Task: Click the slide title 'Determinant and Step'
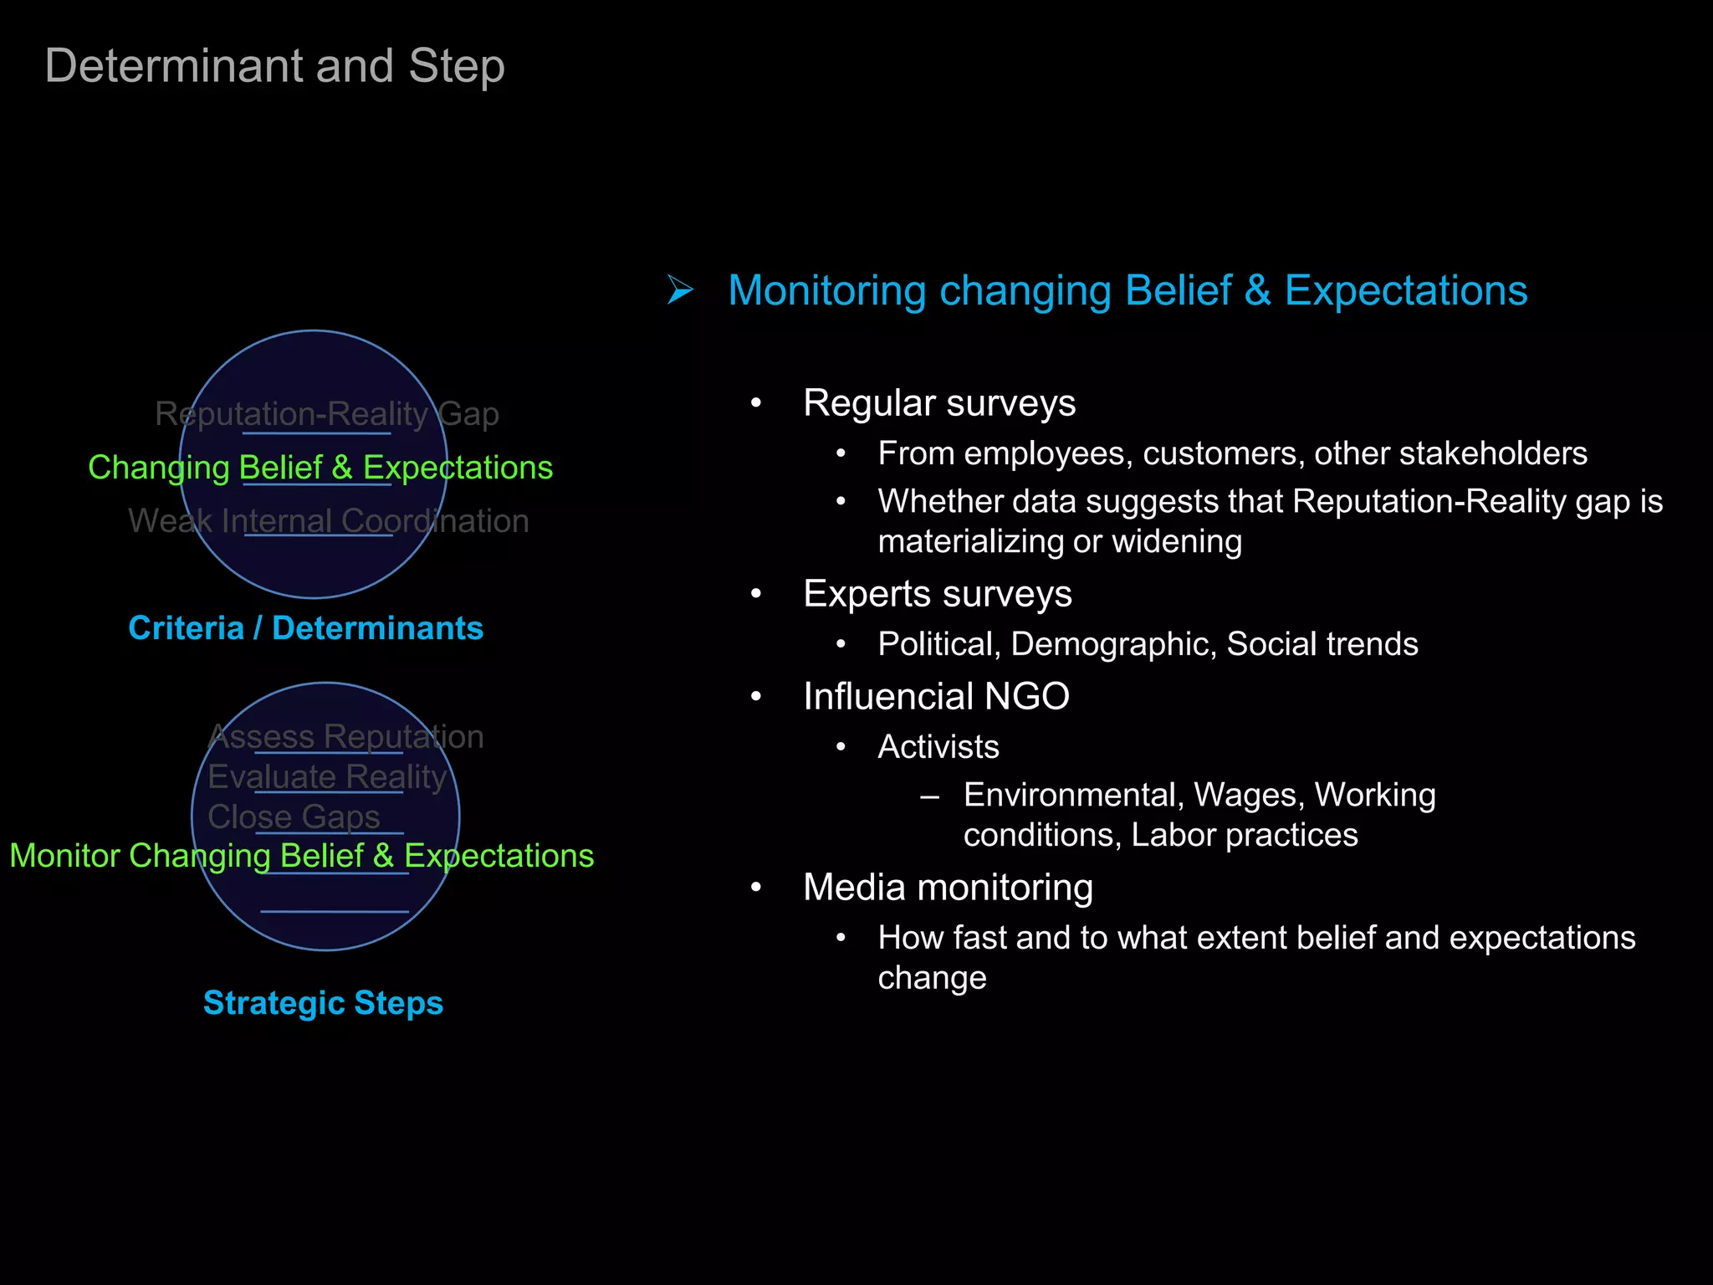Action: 274,66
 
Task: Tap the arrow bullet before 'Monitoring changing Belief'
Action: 680,290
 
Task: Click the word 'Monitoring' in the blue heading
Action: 826,291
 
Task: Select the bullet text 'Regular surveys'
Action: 939,403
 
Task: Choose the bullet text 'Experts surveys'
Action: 937,594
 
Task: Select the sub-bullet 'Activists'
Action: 938,747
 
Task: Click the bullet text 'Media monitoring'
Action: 948,888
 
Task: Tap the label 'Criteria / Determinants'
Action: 306,628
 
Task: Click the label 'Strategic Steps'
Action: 323,1003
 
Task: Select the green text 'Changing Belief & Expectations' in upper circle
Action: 320,468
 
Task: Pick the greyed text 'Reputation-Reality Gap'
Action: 327,414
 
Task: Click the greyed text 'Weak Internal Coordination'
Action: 329,521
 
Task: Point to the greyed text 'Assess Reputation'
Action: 345,737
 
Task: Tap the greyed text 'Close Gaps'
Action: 294,817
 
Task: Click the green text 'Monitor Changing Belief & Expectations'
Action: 301,856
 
